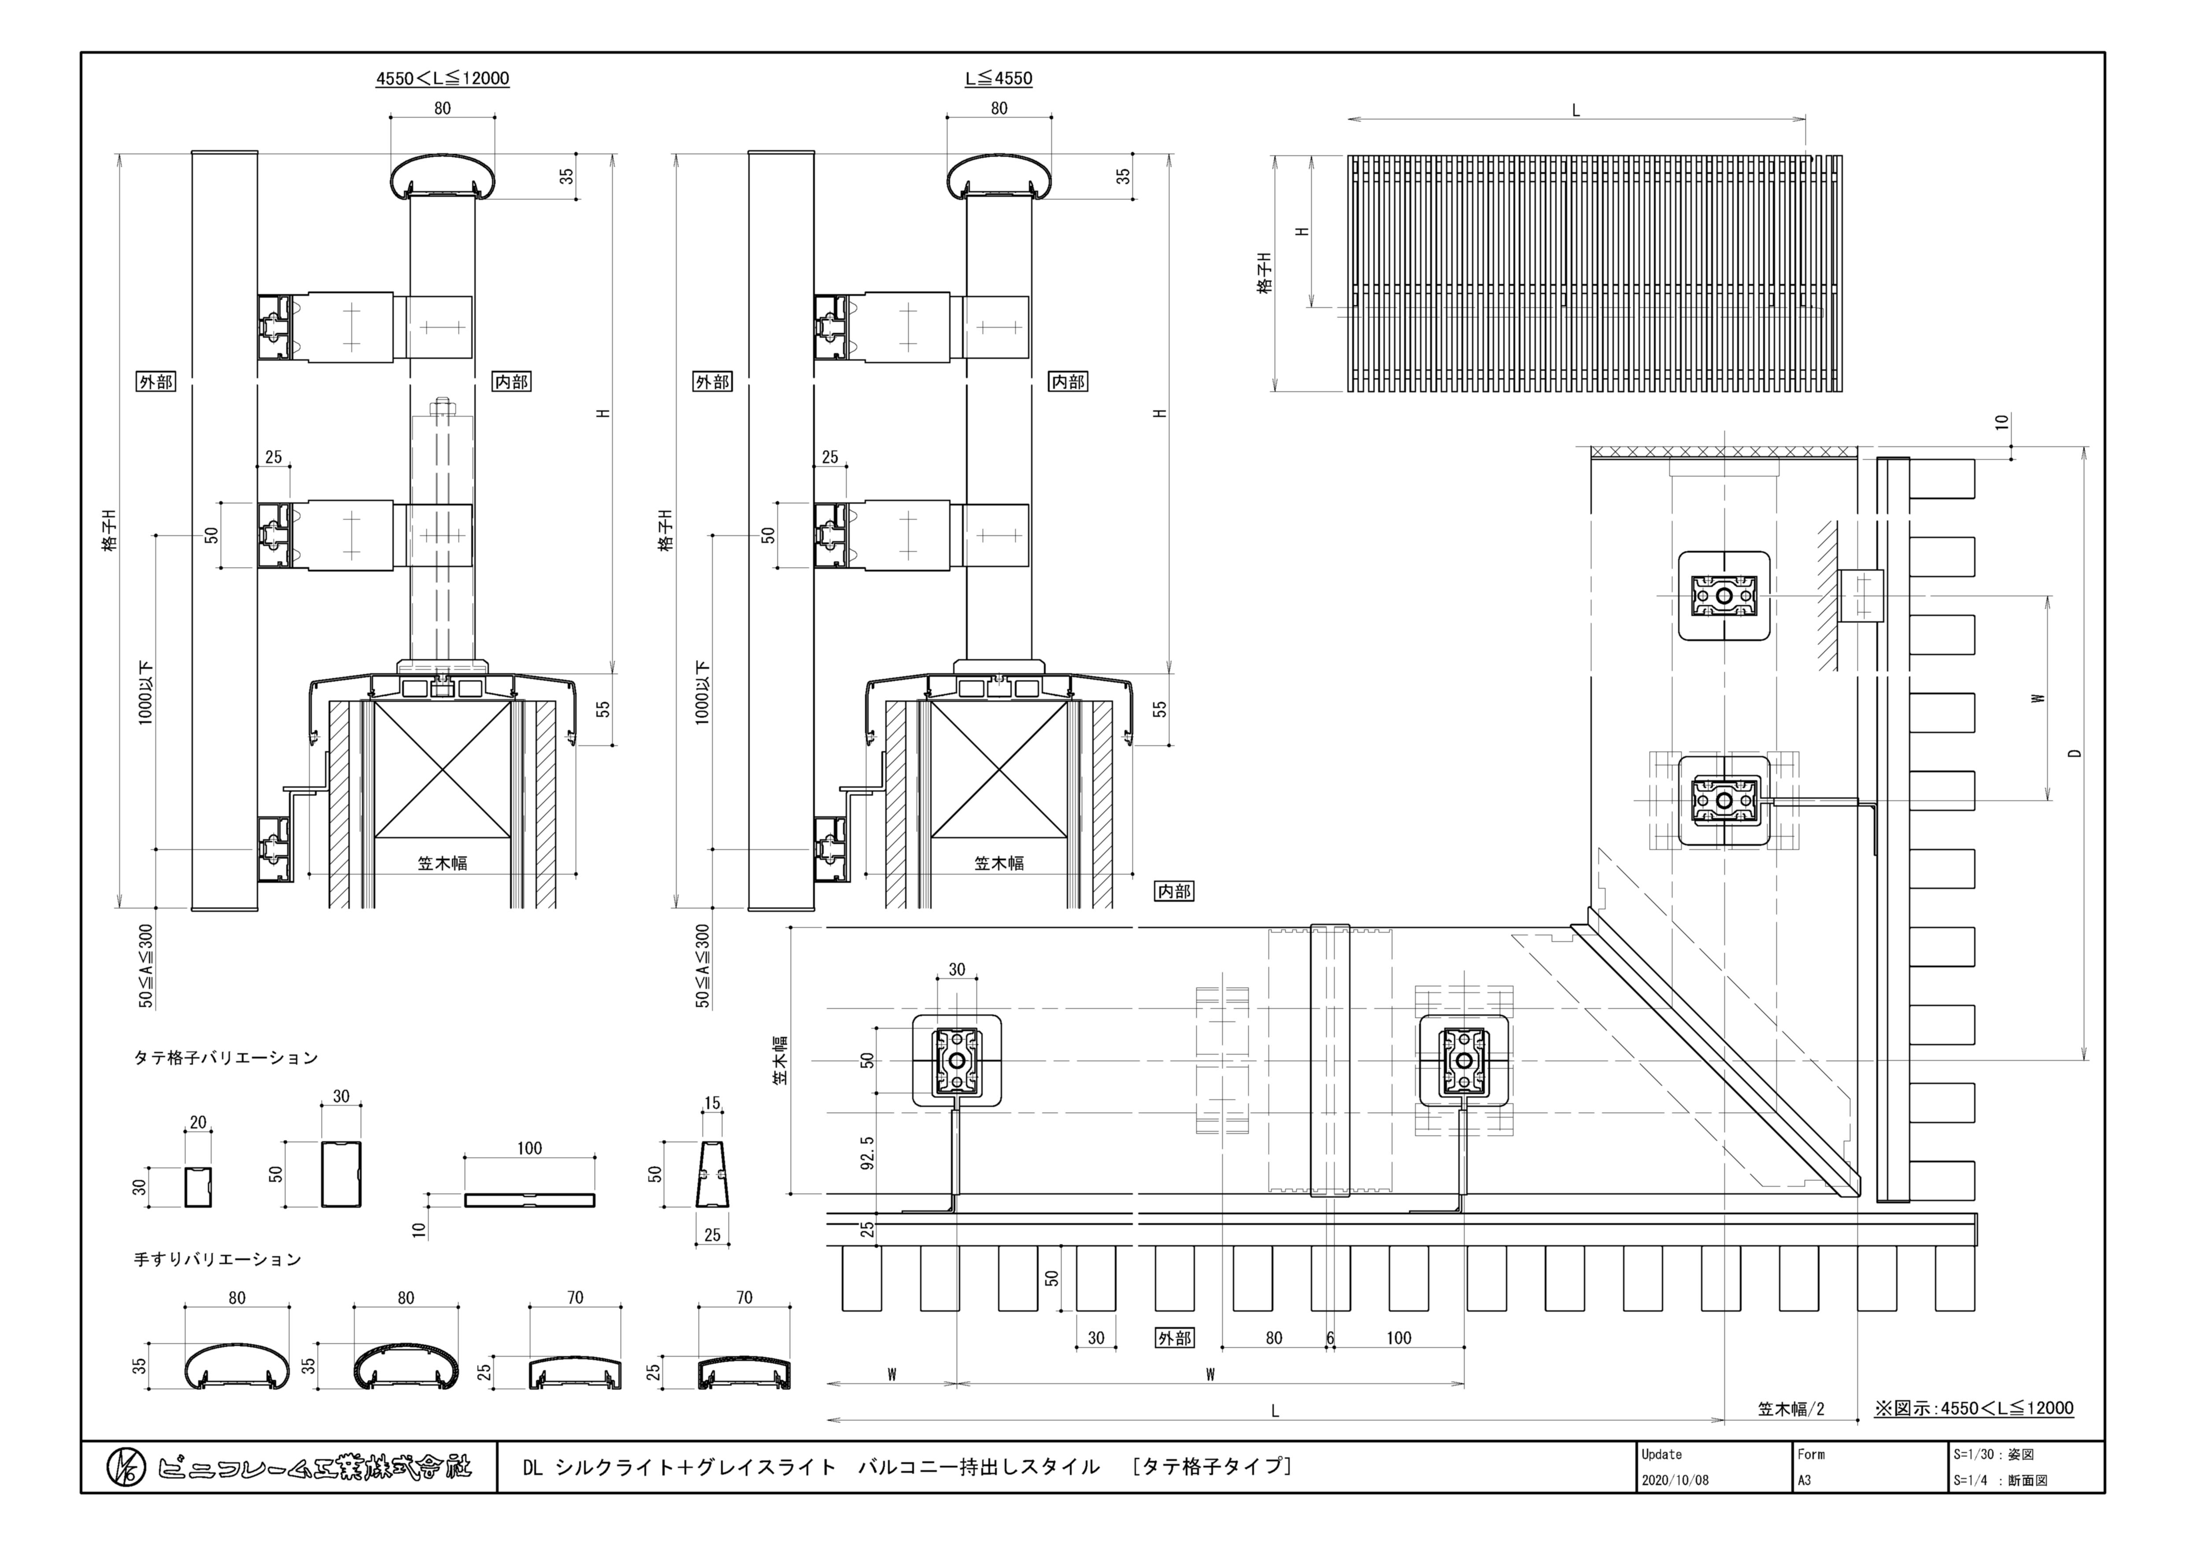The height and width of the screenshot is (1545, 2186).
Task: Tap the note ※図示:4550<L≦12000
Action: tap(1974, 1408)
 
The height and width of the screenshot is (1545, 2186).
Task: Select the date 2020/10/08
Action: tap(1675, 1480)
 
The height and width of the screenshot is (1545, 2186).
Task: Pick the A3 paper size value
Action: tap(1804, 1480)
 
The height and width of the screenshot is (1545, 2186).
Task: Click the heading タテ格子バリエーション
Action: tap(226, 1058)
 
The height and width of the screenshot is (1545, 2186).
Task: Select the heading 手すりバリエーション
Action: tap(217, 1259)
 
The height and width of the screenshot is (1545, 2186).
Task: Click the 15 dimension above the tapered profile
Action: tap(712, 1103)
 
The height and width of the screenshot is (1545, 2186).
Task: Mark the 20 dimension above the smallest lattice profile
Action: tap(198, 1122)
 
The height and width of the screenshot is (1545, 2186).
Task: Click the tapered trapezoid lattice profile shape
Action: tap(712, 1175)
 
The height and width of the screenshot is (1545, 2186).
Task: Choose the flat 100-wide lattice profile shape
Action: tap(529, 1199)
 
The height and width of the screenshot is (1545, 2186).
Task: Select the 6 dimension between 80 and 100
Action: tap(1330, 1338)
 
